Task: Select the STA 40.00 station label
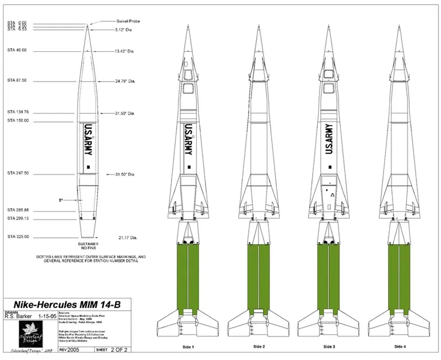17,51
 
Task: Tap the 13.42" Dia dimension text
126,51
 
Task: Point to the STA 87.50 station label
17,80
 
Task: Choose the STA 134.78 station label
18,112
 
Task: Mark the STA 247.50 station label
18,173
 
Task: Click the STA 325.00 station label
18,237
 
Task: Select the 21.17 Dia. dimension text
128,237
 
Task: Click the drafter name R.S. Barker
19,316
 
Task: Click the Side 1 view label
188,347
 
